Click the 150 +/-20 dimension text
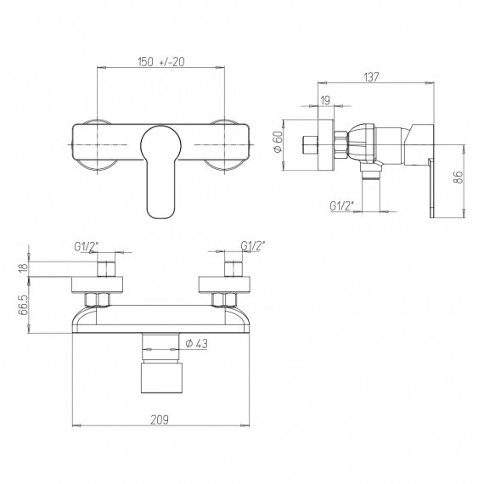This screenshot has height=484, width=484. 160,62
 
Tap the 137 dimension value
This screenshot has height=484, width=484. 371,77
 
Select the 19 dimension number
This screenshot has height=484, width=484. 325,100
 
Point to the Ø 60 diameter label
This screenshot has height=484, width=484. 278,141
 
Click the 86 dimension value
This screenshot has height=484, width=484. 459,177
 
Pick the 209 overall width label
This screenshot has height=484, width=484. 160,419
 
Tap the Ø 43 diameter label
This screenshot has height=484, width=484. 196,344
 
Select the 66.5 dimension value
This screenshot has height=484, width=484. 23,305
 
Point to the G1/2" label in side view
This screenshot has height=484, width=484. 342,205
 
